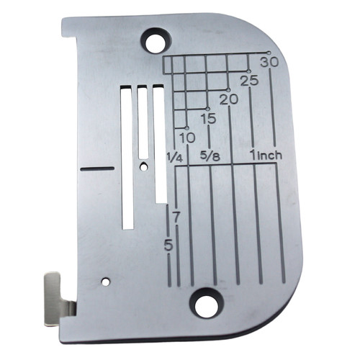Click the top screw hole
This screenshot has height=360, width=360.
tap(156, 41)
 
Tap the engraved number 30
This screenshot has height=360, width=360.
tap(270, 62)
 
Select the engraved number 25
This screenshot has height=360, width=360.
tap(250, 81)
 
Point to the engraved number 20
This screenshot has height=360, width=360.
tap(229, 99)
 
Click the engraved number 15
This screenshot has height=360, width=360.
tap(209, 118)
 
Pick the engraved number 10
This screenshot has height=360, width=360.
tap(187, 138)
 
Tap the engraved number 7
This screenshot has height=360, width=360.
tap(176, 217)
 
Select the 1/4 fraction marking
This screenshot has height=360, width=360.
tap(175, 158)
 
